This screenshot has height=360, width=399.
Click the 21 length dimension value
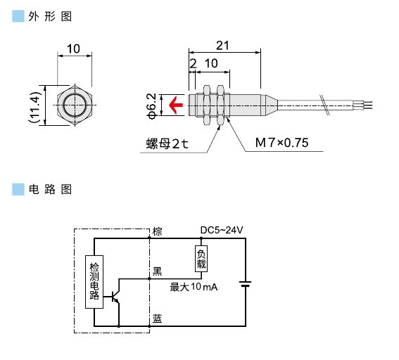click(222, 46)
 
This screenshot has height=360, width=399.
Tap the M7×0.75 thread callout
click(282, 143)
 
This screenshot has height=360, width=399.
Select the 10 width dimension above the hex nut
click(73, 49)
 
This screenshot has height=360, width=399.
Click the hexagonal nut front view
click(73, 106)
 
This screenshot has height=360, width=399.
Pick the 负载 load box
click(201, 259)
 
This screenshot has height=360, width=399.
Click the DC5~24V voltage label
click(222, 230)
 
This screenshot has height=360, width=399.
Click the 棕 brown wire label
click(158, 231)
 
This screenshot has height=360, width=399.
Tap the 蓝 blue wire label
click(158, 319)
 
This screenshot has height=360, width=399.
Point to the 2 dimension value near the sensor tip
click(193, 63)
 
